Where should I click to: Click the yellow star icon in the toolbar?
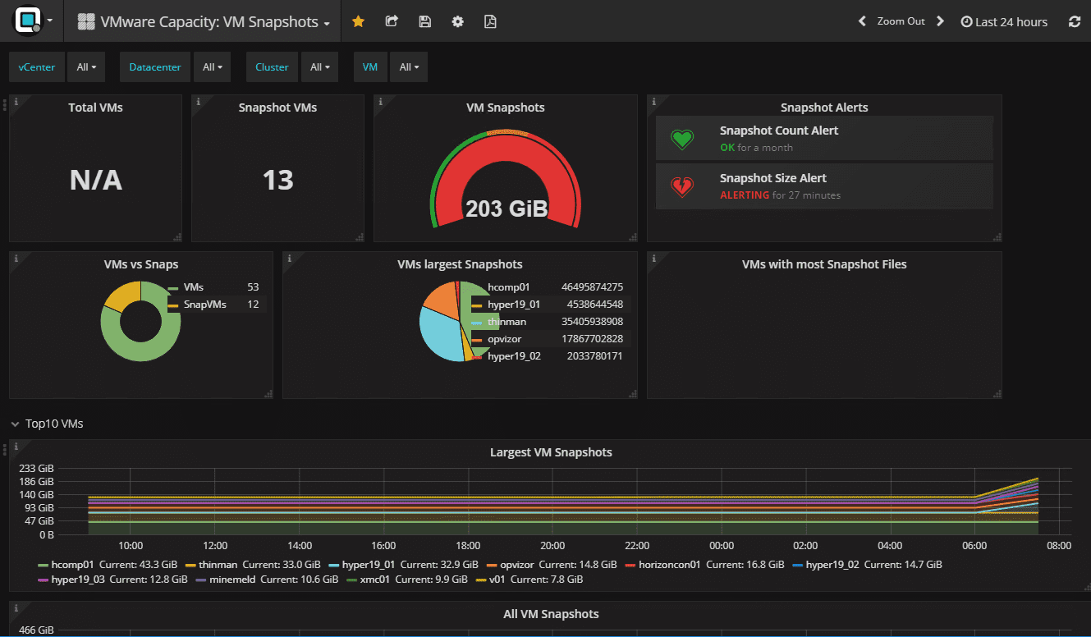358,22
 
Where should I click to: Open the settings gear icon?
458,22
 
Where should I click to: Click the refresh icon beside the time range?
1075,22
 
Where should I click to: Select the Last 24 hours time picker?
1004,22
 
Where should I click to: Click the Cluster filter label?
272,67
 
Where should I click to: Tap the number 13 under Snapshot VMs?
277,181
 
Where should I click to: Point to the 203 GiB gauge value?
506,209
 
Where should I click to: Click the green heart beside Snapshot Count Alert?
682,139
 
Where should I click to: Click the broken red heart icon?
682,186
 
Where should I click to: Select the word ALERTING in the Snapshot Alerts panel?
745,195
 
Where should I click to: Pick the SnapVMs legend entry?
204,305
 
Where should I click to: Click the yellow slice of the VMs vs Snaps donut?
121,296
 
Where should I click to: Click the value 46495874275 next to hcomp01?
592,287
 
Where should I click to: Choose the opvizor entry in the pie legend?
504,339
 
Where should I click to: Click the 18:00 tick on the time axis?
468,546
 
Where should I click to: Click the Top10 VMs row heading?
54,424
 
